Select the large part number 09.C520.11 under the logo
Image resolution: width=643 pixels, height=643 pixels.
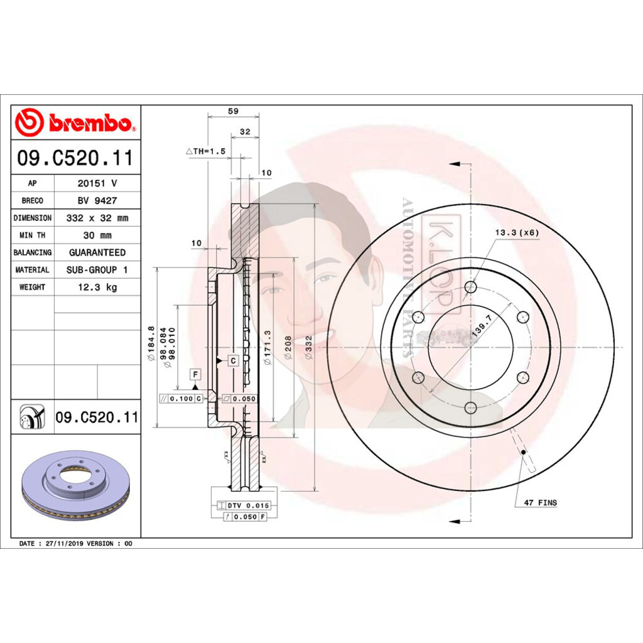75,158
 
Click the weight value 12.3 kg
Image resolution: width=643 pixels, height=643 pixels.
97,287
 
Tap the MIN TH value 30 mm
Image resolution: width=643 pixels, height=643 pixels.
97,235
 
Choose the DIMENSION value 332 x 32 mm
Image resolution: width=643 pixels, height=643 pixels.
97,219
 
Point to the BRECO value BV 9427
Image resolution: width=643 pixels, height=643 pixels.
97,201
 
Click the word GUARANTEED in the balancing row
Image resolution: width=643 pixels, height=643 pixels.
97,252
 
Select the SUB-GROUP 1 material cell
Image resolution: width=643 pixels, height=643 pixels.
97,270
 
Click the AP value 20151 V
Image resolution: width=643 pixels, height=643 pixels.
97,184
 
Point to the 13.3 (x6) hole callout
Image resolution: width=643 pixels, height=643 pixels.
517,232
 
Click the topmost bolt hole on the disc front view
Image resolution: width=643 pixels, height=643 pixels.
471,287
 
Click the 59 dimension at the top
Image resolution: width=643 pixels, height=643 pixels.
233,111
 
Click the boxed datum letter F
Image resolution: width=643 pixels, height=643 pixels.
196,375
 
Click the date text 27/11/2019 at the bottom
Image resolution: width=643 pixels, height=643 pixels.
62,543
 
